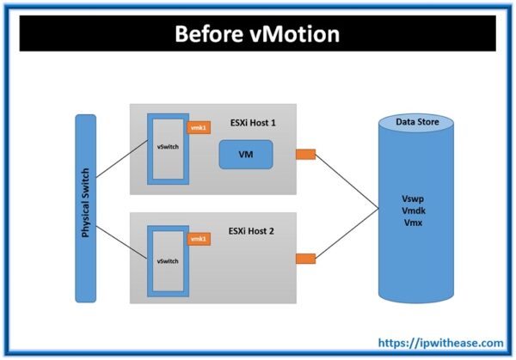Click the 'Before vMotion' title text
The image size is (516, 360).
point(256,34)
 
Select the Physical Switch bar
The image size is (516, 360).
point(86,208)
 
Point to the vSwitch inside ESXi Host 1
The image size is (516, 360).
point(169,147)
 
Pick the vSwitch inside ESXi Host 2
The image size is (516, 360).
point(169,258)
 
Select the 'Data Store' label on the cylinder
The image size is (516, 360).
point(417,123)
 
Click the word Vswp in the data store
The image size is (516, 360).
point(416,197)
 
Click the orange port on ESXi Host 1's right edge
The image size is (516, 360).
point(304,155)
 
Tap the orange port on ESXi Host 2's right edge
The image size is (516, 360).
point(304,258)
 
